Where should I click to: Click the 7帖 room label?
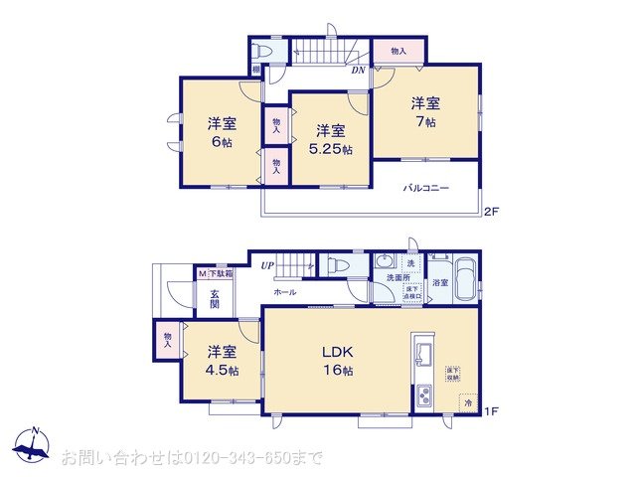coord(425,112)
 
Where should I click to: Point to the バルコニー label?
coord(425,188)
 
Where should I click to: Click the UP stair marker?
coord(267,265)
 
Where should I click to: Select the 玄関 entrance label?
coord(215,297)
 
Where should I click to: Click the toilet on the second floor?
coord(263,50)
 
